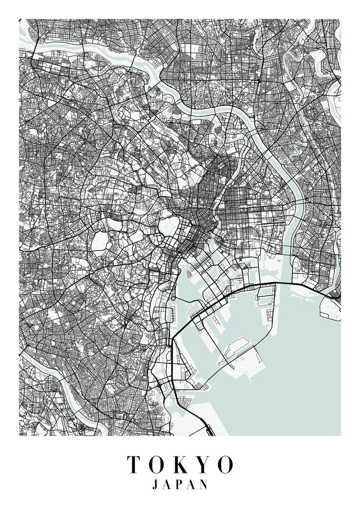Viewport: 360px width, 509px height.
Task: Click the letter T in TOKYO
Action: point(133,465)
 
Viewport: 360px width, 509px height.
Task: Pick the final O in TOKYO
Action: point(225,465)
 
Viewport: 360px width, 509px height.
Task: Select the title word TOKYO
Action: point(180,465)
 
